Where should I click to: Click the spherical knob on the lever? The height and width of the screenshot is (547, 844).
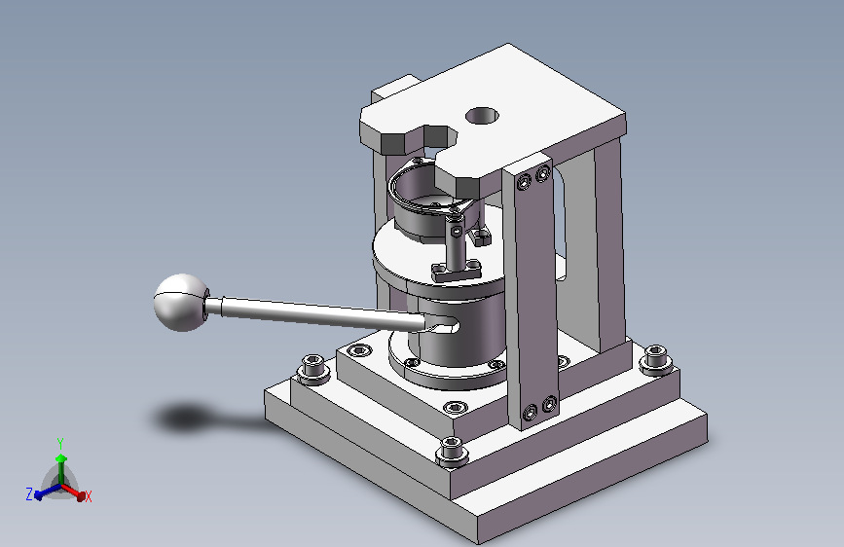tap(181, 303)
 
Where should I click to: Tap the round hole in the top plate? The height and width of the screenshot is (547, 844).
tap(482, 116)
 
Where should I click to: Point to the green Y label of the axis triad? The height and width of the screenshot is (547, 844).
tap(60, 444)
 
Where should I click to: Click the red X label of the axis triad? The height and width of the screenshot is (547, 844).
tap(88, 496)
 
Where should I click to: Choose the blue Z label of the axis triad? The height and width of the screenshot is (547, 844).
tap(29, 493)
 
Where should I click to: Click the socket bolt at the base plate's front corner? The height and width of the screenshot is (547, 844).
tap(452, 451)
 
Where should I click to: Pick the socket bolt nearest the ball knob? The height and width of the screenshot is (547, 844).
tap(313, 369)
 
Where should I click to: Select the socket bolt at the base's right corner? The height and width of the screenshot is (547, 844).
tap(655, 360)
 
